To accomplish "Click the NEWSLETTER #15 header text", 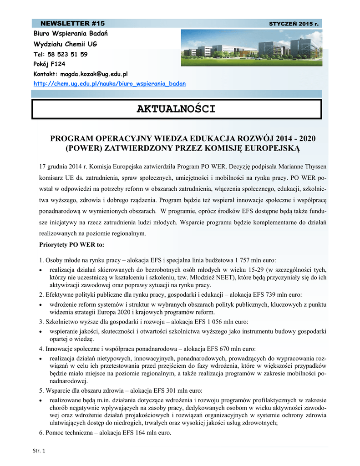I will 73,23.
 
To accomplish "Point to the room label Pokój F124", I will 49,64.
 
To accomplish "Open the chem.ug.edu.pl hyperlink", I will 110,84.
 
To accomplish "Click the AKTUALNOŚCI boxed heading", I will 176,109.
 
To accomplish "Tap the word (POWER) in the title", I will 81,148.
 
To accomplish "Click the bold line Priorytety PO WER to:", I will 72,245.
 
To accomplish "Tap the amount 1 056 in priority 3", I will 216,321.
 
